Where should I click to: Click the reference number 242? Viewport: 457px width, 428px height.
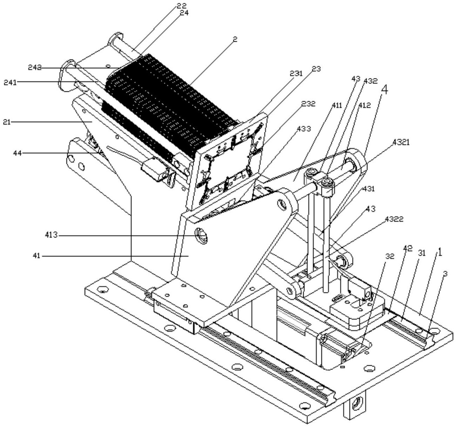click(x=35, y=68)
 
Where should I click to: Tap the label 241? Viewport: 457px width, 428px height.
click(x=11, y=82)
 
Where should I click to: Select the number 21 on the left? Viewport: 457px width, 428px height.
click(x=7, y=122)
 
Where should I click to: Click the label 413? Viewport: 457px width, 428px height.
click(x=51, y=235)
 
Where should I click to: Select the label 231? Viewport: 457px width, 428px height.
click(x=296, y=74)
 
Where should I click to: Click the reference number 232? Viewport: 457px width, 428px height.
click(x=308, y=104)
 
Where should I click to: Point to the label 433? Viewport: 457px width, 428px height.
click(x=303, y=129)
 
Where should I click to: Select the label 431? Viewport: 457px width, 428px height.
click(x=369, y=189)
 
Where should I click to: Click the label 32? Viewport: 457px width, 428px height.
click(x=389, y=256)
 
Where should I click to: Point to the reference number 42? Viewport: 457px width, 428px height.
click(x=407, y=248)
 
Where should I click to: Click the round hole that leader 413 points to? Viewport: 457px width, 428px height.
click(x=201, y=236)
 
